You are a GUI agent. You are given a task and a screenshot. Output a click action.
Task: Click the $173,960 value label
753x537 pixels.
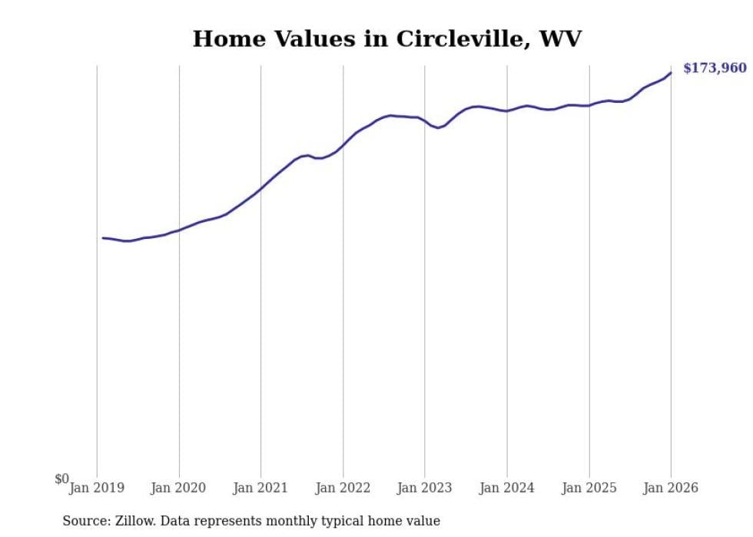[x=715, y=68]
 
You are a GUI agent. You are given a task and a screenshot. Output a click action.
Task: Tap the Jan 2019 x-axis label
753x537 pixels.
[x=97, y=488]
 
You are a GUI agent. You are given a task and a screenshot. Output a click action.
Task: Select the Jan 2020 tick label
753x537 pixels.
[x=179, y=488]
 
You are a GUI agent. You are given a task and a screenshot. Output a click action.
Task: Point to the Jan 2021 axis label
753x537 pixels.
[x=261, y=488]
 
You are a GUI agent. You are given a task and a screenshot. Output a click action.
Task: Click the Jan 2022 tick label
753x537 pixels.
[x=343, y=488]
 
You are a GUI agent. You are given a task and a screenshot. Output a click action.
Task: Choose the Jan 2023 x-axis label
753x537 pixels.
[x=425, y=488]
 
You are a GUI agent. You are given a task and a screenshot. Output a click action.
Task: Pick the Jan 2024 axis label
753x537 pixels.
[x=507, y=488]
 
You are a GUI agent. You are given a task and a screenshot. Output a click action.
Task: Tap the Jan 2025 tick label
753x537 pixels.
[x=589, y=488]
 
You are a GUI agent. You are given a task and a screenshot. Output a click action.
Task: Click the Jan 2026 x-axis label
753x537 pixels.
[x=671, y=488]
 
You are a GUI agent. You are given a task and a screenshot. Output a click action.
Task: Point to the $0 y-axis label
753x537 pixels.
[x=61, y=479]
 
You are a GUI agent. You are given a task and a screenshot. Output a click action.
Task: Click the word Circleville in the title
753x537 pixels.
[x=459, y=39]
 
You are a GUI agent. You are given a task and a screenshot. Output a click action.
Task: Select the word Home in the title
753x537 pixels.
[x=222, y=39]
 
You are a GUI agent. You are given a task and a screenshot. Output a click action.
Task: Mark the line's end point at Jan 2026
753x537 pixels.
[x=671, y=73]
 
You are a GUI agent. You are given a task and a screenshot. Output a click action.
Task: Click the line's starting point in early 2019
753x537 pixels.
[x=103, y=238]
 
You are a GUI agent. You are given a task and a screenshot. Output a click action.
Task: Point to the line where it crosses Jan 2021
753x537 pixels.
[x=261, y=188]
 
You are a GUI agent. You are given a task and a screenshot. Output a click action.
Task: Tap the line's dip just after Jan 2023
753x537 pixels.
[x=438, y=128]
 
